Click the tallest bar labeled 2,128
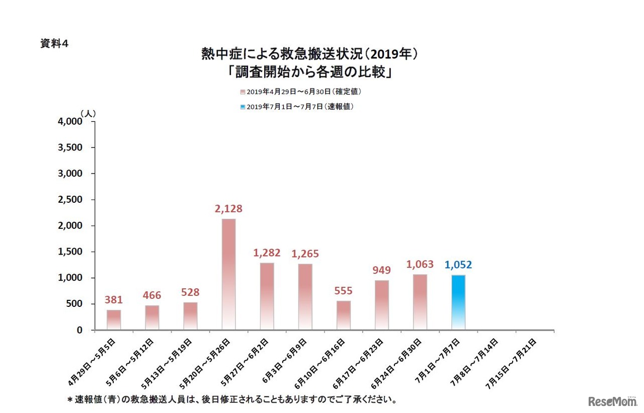pyautogui.click(x=228, y=274)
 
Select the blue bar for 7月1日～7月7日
pyautogui.click(x=458, y=302)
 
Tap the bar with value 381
pyautogui.click(x=114, y=320)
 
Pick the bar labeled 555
pyautogui.click(x=344, y=315)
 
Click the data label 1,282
pyautogui.click(x=267, y=253)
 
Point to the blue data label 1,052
pyautogui.click(x=458, y=265)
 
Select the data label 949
pyautogui.click(x=382, y=270)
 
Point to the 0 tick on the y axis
pyautogui.click(x=79, y=330)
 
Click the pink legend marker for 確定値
pyautogui.click(x=243, y=92)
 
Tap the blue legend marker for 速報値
pyautogui.click(x=243, y=107)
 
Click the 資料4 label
pyautogui.click(x=54, y=44)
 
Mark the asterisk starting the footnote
pyautogui.click(x=70, y=400)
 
